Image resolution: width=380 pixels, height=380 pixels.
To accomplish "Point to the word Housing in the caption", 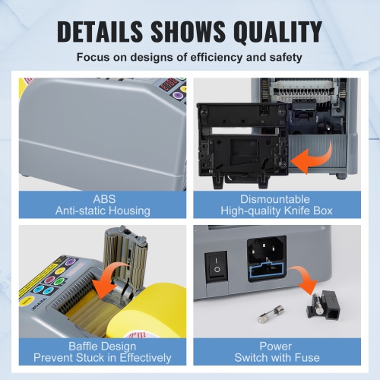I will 127,211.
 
